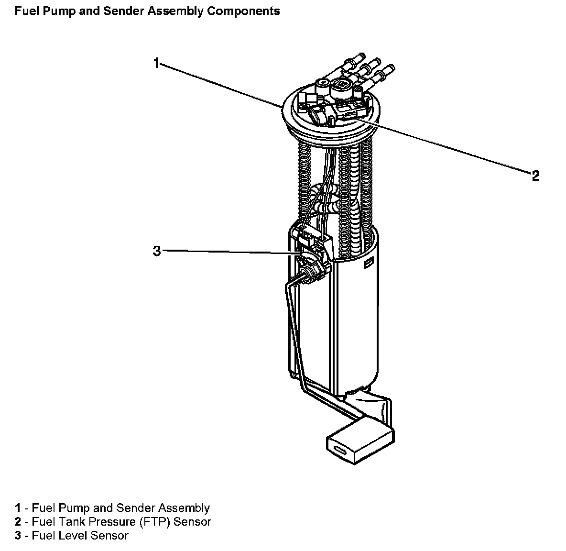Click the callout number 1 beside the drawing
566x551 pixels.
[156, 63]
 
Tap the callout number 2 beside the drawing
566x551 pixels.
[535, 176]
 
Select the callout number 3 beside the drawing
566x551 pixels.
[156, 251]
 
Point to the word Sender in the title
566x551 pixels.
[124, 11]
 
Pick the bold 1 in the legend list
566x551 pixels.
[18, 508]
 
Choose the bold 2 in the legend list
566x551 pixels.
[18, 521]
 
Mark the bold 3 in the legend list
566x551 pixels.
[18, 535]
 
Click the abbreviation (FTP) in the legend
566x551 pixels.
[153, 521]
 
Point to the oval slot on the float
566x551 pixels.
[341, 450]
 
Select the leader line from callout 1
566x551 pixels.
[220, 84]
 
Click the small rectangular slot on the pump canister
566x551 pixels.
[369, 264]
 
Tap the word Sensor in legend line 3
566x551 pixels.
[111, 535]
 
